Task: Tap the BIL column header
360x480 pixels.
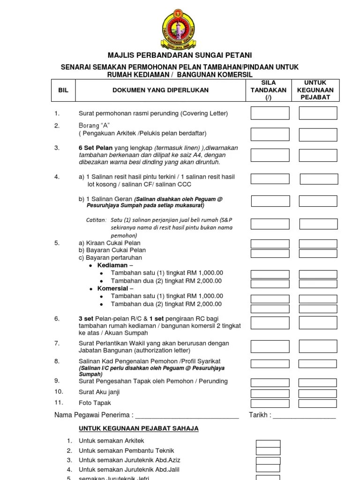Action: click(63, 90)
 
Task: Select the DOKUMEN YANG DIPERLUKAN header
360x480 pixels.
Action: click(160, 90)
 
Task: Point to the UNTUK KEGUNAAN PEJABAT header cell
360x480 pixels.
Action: click(318, 90)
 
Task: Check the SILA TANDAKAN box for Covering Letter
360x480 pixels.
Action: click(270, 113)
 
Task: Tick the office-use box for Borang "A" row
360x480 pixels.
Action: click(318, 134)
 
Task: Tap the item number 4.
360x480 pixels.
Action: click(57, 177)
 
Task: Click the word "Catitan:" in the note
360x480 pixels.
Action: click(97, 220)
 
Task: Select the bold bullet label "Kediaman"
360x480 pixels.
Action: click(112, 265)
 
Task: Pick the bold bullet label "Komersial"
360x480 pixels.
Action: click(112, 288)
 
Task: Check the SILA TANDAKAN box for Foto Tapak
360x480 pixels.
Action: click(270, 403)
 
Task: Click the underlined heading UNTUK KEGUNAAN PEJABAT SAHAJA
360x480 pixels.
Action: click(138, 428)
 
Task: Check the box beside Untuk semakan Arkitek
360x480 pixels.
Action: click(268, 443)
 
